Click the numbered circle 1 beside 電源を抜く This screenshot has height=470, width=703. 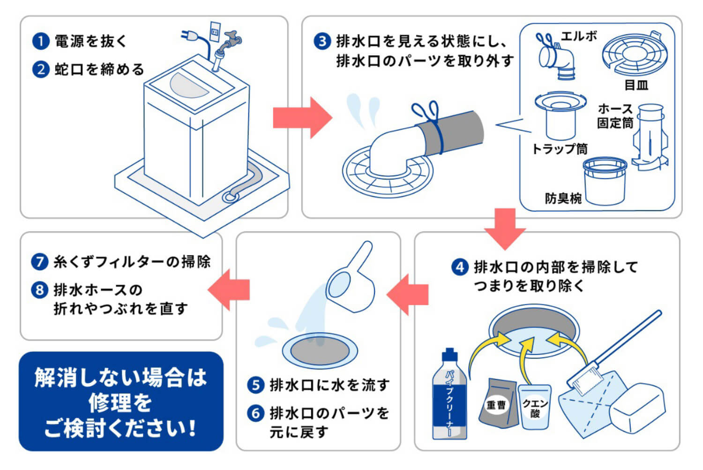click(x=40, y=41)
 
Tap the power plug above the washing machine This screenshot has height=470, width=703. click(x=190, y=36)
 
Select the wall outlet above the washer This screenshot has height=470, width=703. click(x=215, y=31)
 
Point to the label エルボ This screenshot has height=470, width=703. click(x=579, y=36)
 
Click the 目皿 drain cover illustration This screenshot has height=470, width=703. click(x=634, y=55)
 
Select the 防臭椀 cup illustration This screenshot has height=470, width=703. click(x=605, y=181)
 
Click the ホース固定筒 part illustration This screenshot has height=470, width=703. click(x=651, y=136)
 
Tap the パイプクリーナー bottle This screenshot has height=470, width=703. click(x=449, y=396)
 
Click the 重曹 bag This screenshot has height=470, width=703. click(x=497, y=403)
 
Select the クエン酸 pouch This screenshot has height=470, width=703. click(x=535, y=406)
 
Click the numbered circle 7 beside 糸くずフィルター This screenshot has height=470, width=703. click(x=40, y=262)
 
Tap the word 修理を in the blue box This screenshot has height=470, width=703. click(x=120, y=402)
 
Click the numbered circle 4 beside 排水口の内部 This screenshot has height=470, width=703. click(x=460, y=267)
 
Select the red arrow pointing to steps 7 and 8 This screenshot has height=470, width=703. click(x=229, y=289)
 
